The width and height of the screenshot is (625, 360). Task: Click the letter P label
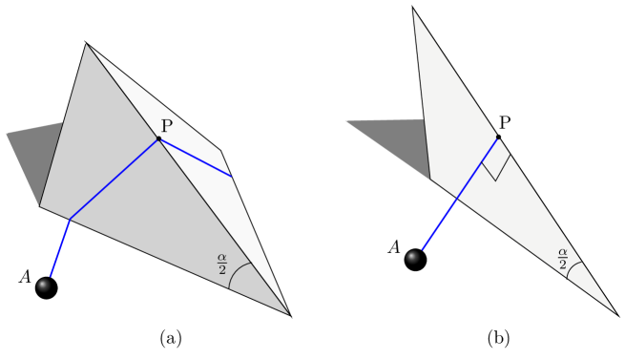166,126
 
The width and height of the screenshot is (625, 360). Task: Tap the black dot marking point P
158,139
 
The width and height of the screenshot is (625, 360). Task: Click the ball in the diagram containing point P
44,285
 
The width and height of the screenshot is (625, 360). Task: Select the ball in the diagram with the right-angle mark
412,257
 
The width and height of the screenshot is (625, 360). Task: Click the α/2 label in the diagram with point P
222,262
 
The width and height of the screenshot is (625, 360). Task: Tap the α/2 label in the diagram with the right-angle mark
563,257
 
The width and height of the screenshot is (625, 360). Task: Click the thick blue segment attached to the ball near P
59,249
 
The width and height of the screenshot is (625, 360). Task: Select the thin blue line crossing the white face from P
196,158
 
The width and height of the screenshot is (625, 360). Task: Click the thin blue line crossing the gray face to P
115,180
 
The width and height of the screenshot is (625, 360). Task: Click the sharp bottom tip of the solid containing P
288,313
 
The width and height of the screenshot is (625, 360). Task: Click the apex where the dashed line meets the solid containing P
86,44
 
